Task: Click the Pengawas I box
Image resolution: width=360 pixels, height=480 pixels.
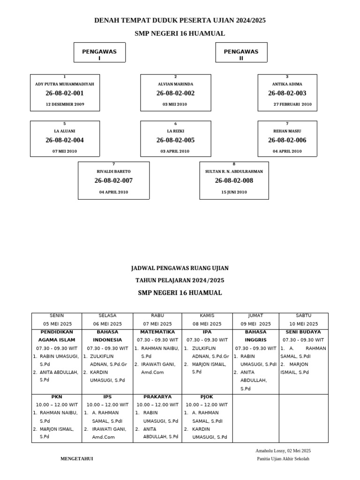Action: click(99, 52)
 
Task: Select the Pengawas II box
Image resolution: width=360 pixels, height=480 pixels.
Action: click(241, 52)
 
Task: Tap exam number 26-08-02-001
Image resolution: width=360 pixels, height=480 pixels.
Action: click(65, 93)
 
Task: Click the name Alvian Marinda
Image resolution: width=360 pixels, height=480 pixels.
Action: click(175, 84)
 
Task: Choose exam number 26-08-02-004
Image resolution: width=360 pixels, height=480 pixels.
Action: click(65, 140)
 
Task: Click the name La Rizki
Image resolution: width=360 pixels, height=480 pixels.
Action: click(175, 131)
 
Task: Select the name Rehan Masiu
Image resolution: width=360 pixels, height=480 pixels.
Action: click(287, 131)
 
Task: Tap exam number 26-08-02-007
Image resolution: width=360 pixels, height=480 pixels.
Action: click(113, 180)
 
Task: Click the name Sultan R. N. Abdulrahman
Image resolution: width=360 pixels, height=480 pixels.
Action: click(234, 172)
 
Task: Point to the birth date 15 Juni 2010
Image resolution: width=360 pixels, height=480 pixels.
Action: click(234, 192)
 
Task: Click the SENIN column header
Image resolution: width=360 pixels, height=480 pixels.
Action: click(57, 315)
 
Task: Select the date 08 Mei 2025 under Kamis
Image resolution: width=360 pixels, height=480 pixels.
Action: click(207, 324)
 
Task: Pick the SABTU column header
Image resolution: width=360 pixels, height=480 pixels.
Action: click(303, 315)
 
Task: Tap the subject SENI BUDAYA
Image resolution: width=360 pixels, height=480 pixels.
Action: click(303, 332)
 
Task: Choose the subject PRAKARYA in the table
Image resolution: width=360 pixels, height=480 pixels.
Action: click(157, 397)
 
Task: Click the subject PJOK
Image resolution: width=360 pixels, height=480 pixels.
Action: click(200, 397)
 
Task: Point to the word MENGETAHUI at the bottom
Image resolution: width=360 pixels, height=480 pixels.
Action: click(77, 459)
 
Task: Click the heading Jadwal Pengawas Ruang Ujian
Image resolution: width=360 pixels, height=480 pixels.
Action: click(180, 268)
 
